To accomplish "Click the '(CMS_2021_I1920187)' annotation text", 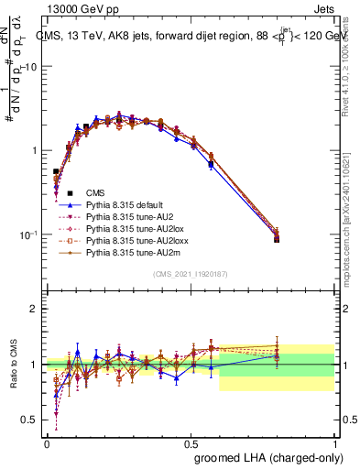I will (190, 274).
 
